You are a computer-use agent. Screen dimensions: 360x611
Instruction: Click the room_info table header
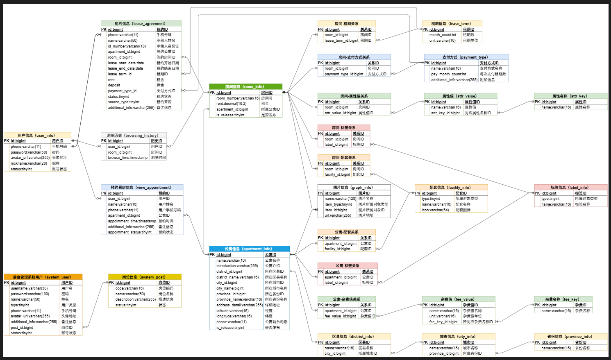(x=245, y=87)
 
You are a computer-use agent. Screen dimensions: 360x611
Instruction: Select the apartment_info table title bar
(x=249, y=249)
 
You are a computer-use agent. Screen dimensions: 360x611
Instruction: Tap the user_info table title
(x=37, y=135)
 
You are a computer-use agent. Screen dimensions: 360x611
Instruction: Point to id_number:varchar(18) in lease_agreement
(x=127, y=46)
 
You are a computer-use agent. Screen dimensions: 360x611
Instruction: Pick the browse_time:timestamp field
(x=127, y=158)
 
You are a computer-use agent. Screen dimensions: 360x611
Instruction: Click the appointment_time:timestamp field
(x=132, y=221)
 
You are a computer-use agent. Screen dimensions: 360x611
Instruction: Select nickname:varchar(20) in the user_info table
(x=29, y=163)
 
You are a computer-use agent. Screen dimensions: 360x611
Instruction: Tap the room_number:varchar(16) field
(x=238, y=98)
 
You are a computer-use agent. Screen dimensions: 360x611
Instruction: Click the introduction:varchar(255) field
(x=237, y=266)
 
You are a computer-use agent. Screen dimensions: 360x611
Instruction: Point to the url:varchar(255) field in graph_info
(x=338, y=215)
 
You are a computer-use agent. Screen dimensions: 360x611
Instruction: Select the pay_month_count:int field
(x=448, y=74)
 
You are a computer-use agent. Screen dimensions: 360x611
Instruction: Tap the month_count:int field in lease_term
(x=443, y=35)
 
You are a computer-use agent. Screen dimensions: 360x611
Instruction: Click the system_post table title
(x=144, y=277)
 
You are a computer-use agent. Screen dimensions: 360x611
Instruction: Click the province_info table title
(x=570, y=337)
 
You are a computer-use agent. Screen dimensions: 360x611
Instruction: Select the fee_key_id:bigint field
(x=443, y=322)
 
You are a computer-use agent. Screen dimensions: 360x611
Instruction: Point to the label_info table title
(x=570, y=188)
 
